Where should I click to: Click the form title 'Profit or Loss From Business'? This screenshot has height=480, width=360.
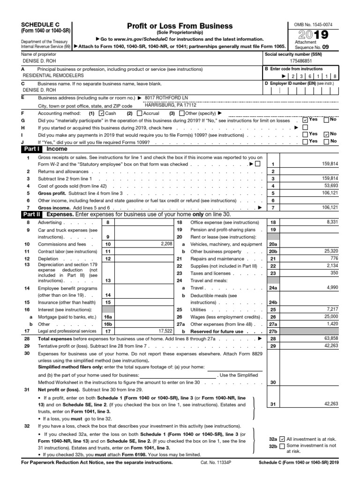pyautogui.click(x=180, y=26)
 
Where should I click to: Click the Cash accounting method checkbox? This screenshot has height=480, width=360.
pyautogui.click(x=102, y=113)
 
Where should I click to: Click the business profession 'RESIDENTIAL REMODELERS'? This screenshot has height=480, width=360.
pyautogui.click(x=53, y=75)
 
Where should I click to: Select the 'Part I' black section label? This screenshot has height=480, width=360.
pyautogui.click(x=30, y=149)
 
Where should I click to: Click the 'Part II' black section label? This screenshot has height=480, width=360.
pyautogui.click(x=31, y=214)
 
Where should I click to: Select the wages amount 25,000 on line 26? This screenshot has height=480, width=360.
pyautogui.click(x=330, y=317)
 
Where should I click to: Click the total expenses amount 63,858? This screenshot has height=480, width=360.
pyautogui.click(x=330, y=338)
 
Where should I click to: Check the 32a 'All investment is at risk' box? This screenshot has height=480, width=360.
pyautogui.click(x=282, y=439)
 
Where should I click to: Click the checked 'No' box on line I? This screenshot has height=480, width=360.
pyautogui.click(x=327, y=134)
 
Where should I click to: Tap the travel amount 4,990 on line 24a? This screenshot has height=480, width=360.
pyautogui.click(x=330, y=287)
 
